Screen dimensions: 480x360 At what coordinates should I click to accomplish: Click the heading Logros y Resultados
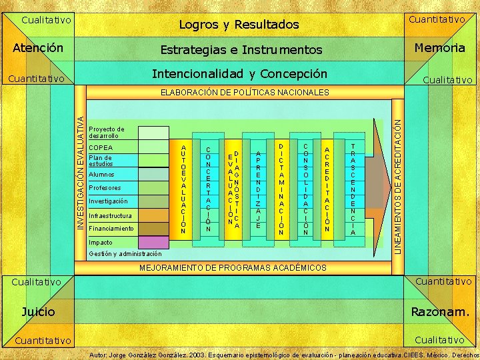(x=239, y=25)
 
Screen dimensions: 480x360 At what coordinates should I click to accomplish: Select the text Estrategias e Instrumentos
(x=241, y=50)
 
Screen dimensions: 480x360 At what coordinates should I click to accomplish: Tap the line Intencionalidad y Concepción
(x=240, y=73)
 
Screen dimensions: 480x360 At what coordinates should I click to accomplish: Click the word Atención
(x=39, y=48)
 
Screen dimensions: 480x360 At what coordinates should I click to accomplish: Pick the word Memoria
(x=439, y=48)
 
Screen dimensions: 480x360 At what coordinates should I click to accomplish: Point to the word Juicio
(x=39, y=311)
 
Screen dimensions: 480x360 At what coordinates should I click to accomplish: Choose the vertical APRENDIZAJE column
(x=257, y=188)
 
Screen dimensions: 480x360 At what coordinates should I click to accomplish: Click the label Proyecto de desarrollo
(x=107, y=132)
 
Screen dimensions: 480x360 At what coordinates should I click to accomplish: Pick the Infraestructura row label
(x=111, y=215)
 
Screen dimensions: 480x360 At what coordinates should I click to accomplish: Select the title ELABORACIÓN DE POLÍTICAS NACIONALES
(x=245, y=92)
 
